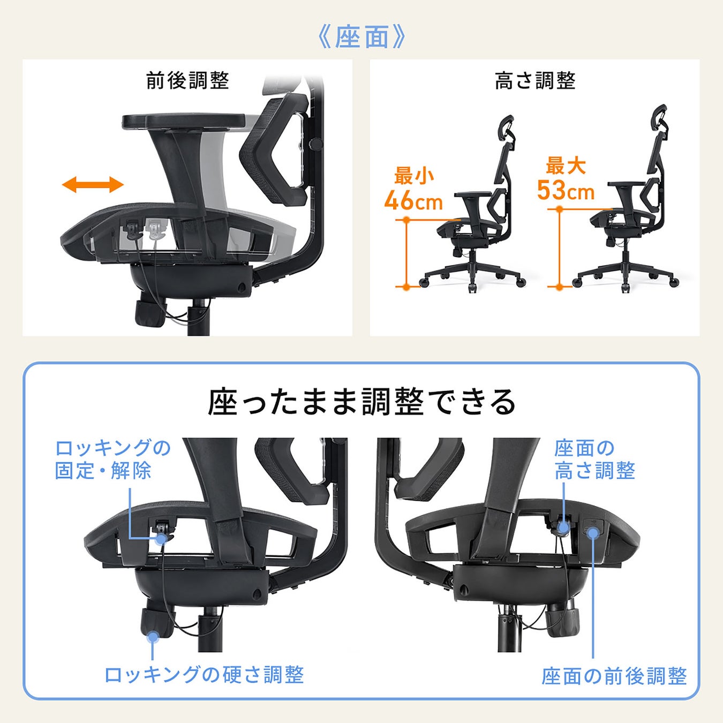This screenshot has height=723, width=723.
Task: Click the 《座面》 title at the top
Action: click(x=361, y=37)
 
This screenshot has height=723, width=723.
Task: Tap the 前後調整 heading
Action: click(x=187, y=81)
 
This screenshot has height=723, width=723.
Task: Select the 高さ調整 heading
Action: click(x=534, y=81)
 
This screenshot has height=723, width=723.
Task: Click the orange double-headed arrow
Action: click(x=93, y=185)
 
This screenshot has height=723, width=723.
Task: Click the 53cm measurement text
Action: click(x=566, y=190)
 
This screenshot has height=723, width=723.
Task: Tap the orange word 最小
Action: click(x=414, y=176)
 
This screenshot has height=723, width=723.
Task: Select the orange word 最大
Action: click(x=566, y=165)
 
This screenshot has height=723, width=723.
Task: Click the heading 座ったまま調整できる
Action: click(x=361, y=402)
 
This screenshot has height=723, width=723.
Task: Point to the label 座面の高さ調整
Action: click(x=594, y=459)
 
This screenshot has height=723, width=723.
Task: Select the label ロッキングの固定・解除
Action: click(x=112, y=459)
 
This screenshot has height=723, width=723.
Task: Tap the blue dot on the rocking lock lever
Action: click(x=161, y=539)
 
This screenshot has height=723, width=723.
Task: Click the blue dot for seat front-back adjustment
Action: click(x=593, y=533)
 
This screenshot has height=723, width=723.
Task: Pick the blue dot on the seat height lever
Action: click(x=563, y=528)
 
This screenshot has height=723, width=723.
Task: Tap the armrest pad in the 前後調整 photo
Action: click(x=184, y=122)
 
